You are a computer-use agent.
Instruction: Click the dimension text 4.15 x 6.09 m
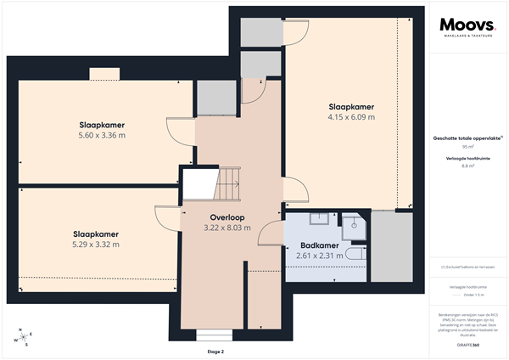pos(351,117)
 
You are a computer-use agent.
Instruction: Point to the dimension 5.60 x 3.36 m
pos(101,135)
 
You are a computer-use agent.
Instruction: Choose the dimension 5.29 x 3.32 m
pos(95,245)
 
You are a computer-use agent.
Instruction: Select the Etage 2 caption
pos(215,351)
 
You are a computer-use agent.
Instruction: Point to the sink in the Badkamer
pos(320,220)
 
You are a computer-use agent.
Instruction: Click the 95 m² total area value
pos(467,146)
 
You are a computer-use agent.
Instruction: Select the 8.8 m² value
pos(467,166)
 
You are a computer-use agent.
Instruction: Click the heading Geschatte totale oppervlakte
pos(466,137)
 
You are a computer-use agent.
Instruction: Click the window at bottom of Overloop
pos(208,334)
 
